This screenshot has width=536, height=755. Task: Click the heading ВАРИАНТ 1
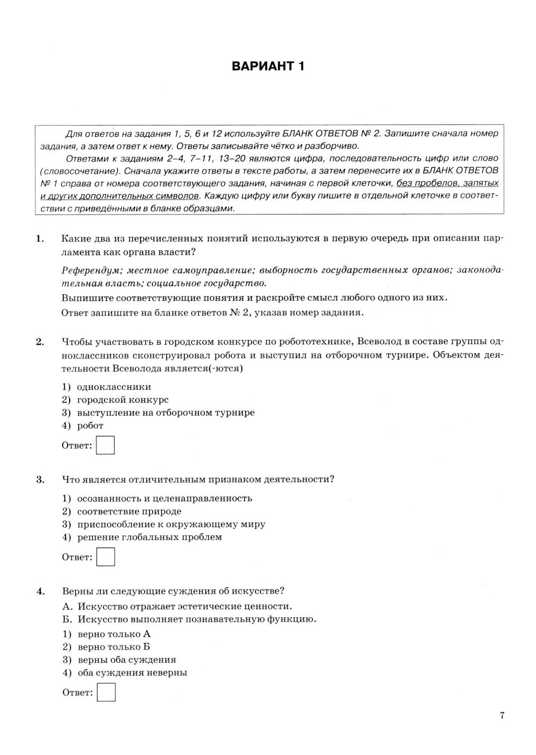coord(268,66)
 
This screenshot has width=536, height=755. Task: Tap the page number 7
coord(502,715)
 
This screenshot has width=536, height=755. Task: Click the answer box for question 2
coord(106,446)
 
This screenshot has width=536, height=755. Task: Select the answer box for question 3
coord(106,557)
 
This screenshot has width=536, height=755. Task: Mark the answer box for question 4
coord(106,692)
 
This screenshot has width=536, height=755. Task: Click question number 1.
coord(39,239)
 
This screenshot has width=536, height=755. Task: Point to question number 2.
coord(39,342)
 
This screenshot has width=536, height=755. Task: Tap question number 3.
coord(40,479)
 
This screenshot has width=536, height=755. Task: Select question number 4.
coord(40,591)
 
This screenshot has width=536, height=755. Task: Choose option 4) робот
coord(83,426)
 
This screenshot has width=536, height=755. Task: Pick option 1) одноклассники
coord(107,387)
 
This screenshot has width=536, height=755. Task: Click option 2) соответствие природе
coord(122,512)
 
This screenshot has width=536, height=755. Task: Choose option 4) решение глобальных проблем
coord(142,537)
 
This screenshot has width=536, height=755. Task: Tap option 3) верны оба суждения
coord(120,660)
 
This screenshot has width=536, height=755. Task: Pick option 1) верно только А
coord(107,634)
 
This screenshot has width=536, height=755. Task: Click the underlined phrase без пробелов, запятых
coord(447,183)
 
